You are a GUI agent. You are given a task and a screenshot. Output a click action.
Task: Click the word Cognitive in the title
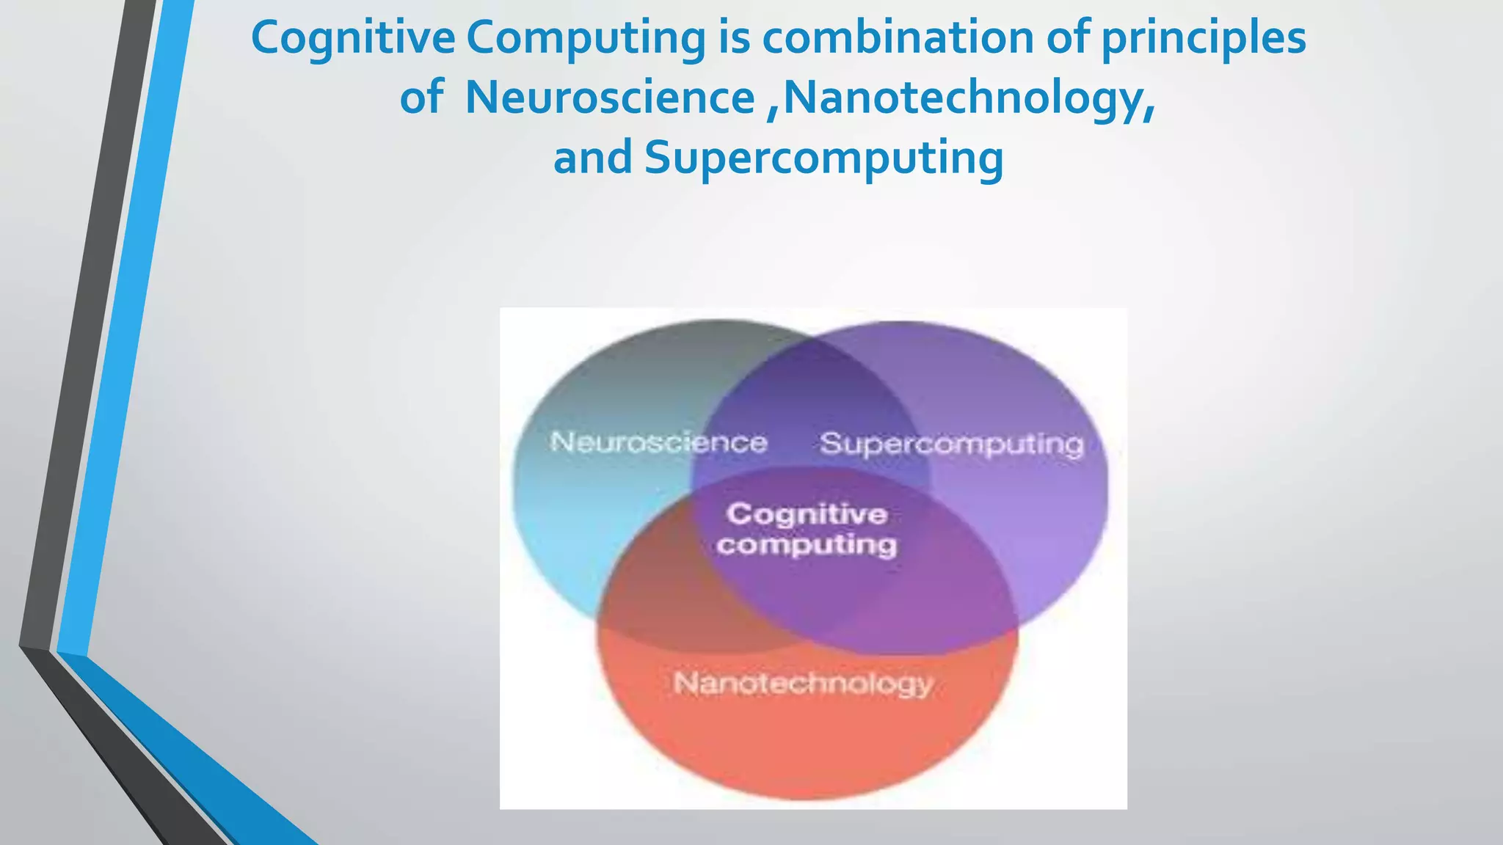353,38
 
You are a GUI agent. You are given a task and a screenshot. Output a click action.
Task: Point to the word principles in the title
1204,38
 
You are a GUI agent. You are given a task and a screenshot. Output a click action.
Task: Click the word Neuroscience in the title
610,98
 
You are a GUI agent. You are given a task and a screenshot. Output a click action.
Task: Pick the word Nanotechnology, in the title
969,98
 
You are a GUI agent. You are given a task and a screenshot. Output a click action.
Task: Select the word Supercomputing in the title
823,157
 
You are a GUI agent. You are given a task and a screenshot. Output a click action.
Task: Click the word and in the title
592,157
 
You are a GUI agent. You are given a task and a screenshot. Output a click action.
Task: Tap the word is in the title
734,38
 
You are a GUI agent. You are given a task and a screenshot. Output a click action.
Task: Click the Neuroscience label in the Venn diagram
658,442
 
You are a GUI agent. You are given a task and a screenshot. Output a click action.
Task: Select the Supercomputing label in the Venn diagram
952,444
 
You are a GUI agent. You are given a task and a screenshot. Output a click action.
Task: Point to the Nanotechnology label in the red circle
803,683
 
